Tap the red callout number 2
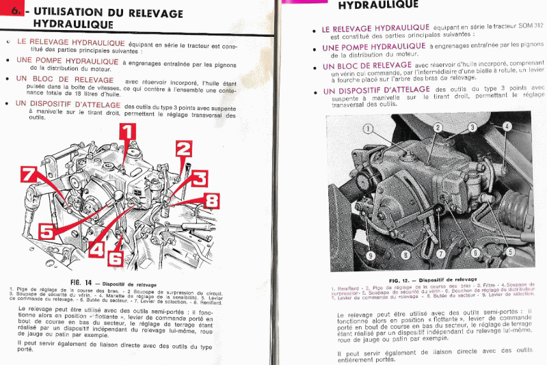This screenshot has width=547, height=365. pyautogui.click(x=183, y=150)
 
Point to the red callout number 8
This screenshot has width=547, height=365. pyautogui.click(x=211, y=200)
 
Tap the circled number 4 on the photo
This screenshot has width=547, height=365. pyautogui.click(x=507, y=127)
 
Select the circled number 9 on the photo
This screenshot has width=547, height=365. pyautogui.click(x=371, y=256)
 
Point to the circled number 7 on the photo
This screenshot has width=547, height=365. pyautogui.click(x=441, y=254)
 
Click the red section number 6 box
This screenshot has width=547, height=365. pyautogui.click(x=14, y=12)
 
